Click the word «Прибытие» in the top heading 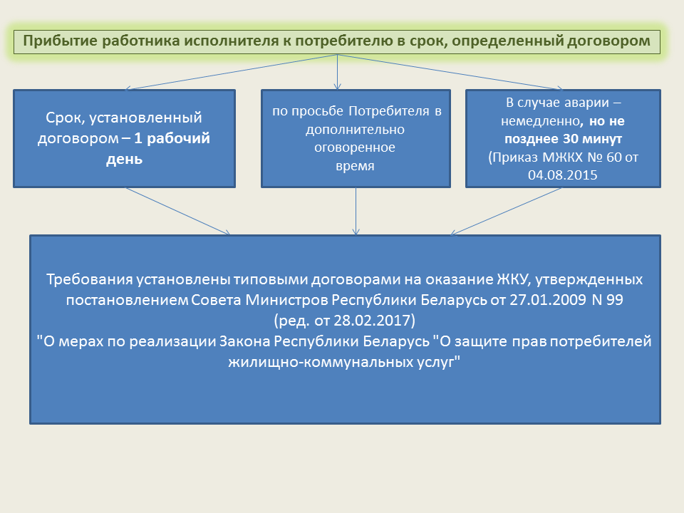point(60,41)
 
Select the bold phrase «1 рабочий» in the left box point(172,138)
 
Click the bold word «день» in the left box point(124,159)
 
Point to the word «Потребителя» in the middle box point(389,111)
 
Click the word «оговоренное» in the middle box point(355,148)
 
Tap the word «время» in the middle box point(355,166)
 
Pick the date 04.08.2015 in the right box point(563,175)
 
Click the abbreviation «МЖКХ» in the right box point(562,157)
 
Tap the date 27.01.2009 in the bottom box point(548,300)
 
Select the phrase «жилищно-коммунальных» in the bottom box point(320,363)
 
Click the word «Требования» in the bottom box point(90,279)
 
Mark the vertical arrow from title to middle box point(337,72)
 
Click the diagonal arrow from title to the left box point(231,72)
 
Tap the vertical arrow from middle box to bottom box point(356,212)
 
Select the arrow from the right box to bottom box point(506,212)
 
